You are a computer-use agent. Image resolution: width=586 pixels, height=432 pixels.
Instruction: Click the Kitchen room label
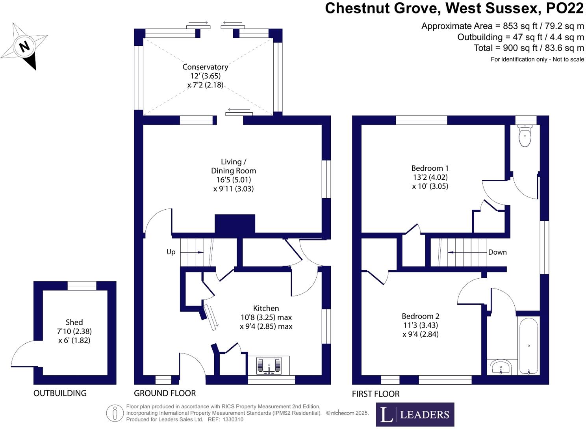[x=266, y=308]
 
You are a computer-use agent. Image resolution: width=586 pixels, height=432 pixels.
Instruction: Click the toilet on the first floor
[x=525, y=136]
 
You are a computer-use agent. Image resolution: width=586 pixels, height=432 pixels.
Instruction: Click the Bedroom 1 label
[x=430, y=168]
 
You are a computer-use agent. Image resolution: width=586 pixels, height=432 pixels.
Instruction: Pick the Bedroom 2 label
[x=420, y=316]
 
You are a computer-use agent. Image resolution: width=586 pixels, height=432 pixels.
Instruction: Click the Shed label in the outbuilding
[x=74, y=322]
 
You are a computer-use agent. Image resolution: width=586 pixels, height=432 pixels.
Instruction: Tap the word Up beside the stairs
[x=171, y=252]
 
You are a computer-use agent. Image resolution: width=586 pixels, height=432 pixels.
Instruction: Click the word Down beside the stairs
[x=497, y=252]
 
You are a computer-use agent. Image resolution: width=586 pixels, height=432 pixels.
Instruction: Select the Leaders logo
[x=415, y=414]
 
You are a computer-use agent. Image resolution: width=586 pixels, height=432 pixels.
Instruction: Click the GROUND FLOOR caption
[x=165, y=393]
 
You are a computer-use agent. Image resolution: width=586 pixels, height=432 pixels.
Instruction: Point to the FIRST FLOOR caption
[x=375, y=394]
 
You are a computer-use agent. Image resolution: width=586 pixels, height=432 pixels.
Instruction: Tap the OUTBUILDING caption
[x=60, y=393]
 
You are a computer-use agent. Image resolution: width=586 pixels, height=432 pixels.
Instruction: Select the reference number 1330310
[x=233, y=419]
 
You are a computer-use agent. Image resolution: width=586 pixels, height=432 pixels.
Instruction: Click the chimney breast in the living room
[x=235, y=224]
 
